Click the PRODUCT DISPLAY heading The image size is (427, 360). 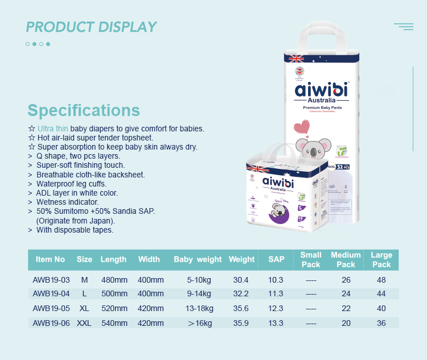click(x=91, y=27)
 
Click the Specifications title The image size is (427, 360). click(x=84, y=110)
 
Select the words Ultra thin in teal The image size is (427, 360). click(x=53, y=129)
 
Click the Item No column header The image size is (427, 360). click(x=51, y=259)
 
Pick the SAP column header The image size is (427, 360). click(x=276, y=259)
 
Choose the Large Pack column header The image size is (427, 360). click(x=381, y=259)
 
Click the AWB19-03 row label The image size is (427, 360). click(x=51, y=280)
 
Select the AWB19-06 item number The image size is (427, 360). click(x=51, y=323)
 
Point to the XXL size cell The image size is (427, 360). click(x=84, y=323)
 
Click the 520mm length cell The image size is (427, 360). click(x=114, y=308)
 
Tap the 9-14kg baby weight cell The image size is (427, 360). click(x=198, y=293)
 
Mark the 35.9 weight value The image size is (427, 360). click(x=241, y=323)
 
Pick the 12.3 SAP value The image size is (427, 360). click(x=276, y=308)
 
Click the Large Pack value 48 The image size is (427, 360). click(x=381, y=280)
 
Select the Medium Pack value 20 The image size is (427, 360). click(x=346, y=323)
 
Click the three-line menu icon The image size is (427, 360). click(x=404, y=26)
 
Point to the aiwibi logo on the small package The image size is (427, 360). click(x=278, y=181)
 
